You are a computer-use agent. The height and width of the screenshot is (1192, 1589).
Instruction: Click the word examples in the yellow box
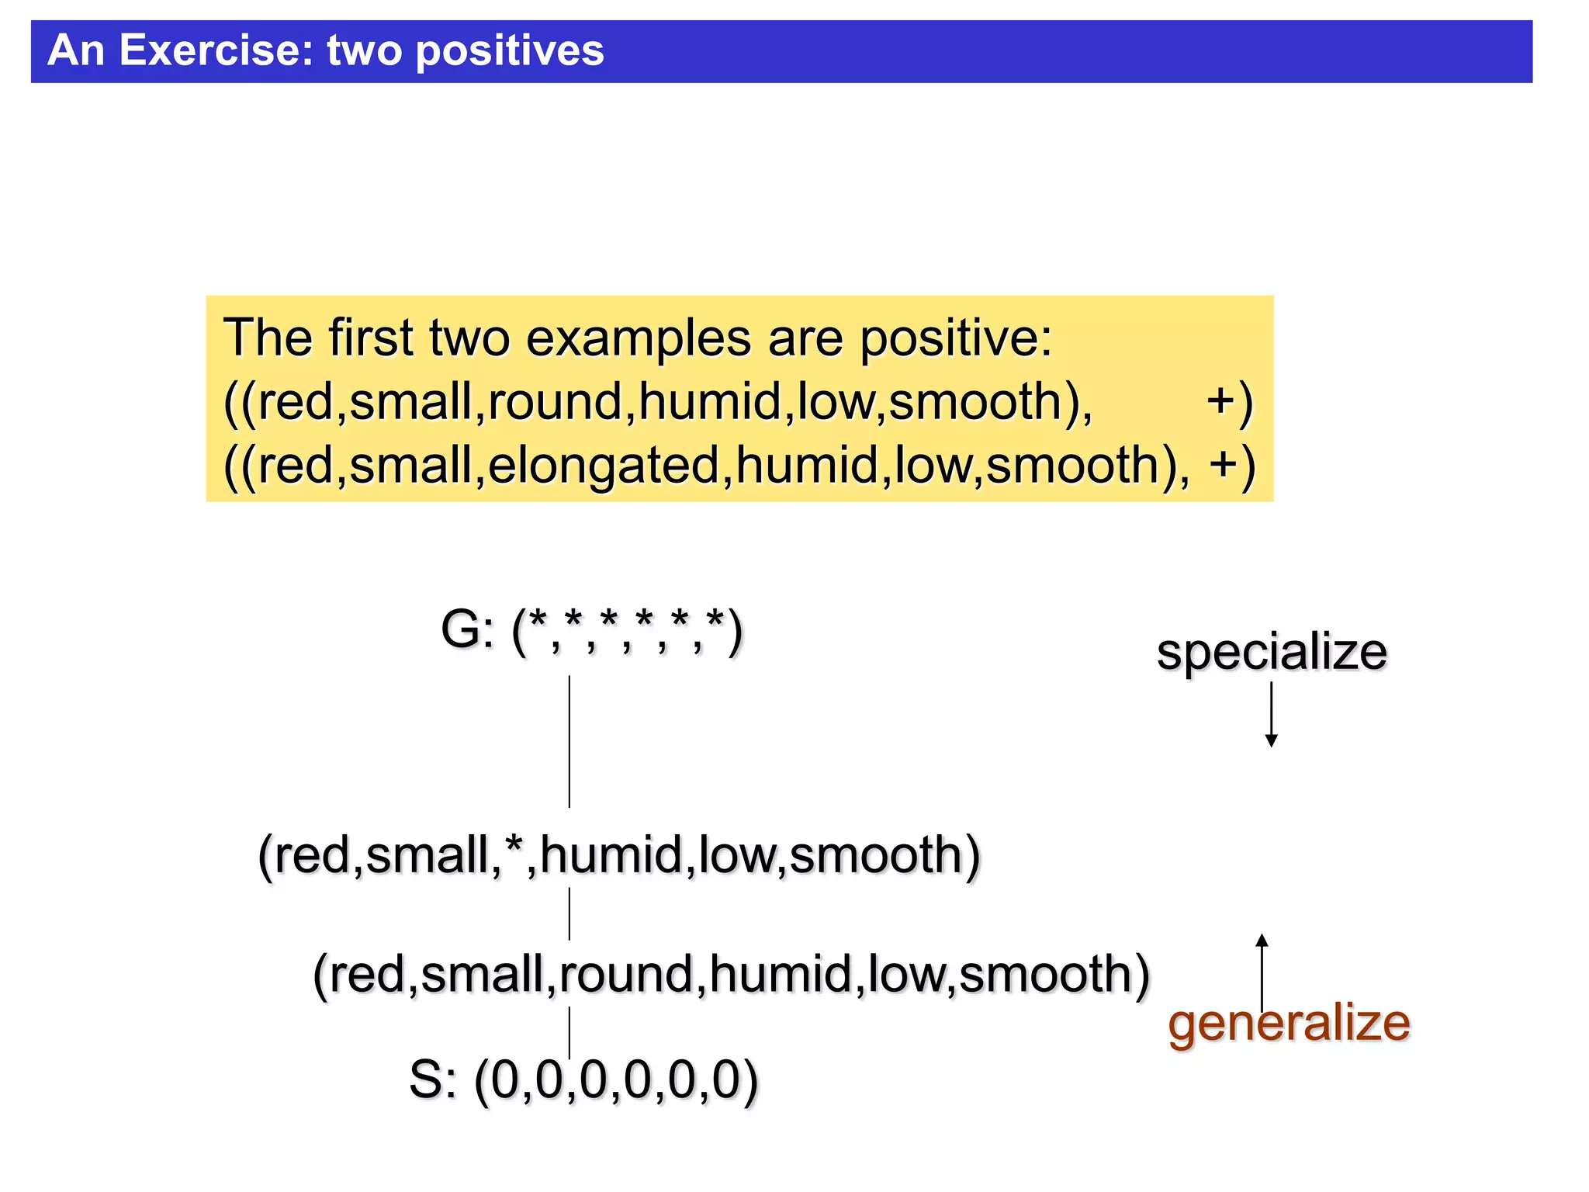(638, 339)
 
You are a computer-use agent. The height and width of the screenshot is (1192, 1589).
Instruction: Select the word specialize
(1271, 652)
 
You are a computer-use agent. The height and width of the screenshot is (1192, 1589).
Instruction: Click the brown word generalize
(1288, 1023)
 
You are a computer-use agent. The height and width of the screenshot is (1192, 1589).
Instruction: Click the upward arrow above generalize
(1262, 970)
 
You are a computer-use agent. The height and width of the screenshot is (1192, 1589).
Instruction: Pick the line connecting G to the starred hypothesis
(569, 741)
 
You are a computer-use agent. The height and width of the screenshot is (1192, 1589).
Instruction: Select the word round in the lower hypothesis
(625, 975)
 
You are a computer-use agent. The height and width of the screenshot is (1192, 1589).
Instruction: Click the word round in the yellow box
(555, 402)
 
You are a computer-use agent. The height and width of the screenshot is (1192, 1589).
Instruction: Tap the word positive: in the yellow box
(955, 339)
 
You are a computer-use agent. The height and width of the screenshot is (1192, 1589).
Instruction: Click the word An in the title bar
(75, 51)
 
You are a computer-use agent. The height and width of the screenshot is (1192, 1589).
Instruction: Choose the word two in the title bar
(365, 51)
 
